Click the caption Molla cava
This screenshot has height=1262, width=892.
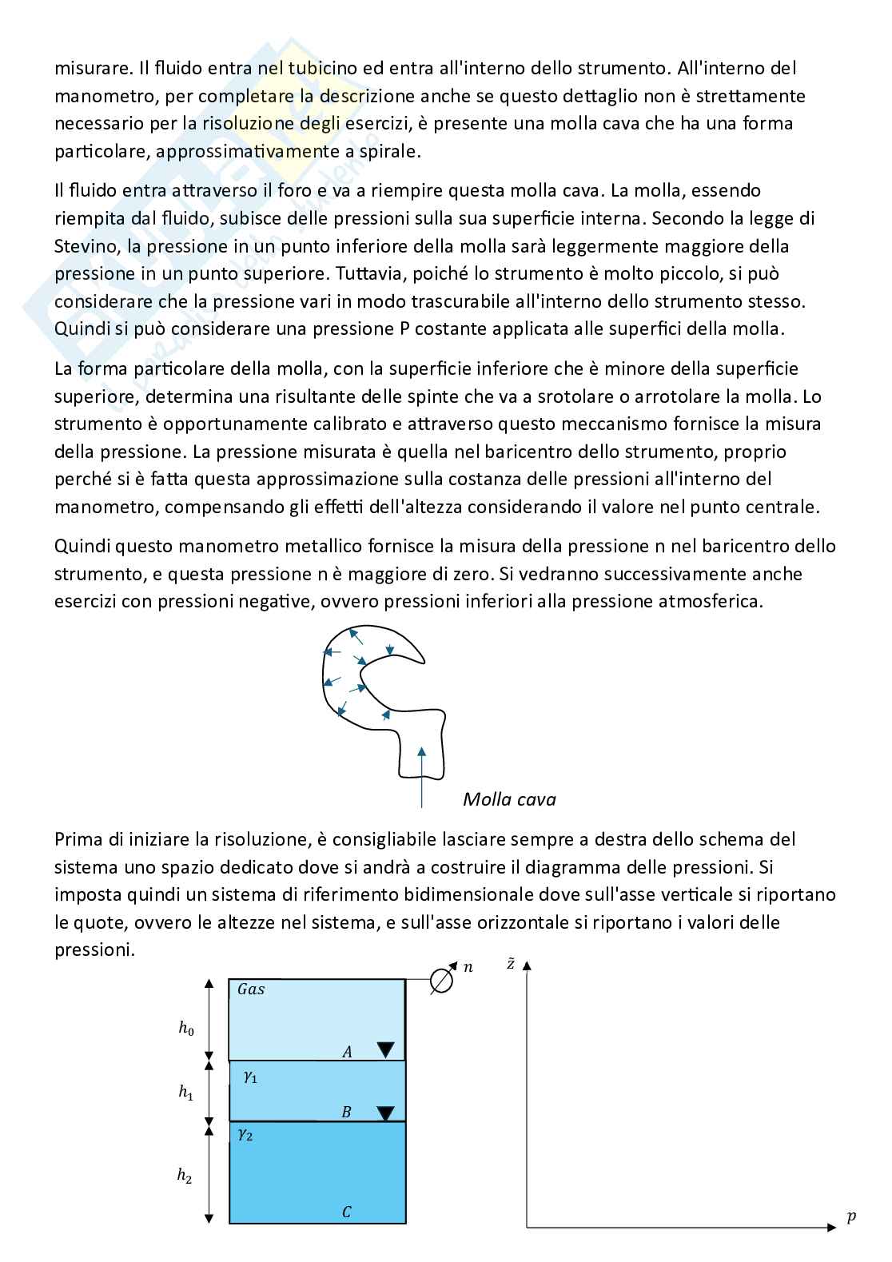tap(509, 799)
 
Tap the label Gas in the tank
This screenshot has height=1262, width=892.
tap(251, 989)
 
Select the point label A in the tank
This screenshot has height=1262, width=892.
tap(348, 1052)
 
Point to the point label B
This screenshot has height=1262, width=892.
tap(347, 1112)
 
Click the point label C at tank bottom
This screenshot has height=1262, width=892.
tap(347, 1212)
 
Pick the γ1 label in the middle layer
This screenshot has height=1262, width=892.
tap(250, 1077)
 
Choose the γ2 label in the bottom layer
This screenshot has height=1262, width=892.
tap(245, 1134)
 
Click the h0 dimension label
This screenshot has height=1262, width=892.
tap(185, 1029)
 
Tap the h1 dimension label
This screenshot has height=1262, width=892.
tap(185, 1093)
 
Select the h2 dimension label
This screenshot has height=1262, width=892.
tap(185, 1175)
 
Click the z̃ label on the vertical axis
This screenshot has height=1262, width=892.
tap(511, 964)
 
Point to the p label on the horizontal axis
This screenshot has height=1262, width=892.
tap(851, 1218)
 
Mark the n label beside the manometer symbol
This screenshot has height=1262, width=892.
tap(468, 968)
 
